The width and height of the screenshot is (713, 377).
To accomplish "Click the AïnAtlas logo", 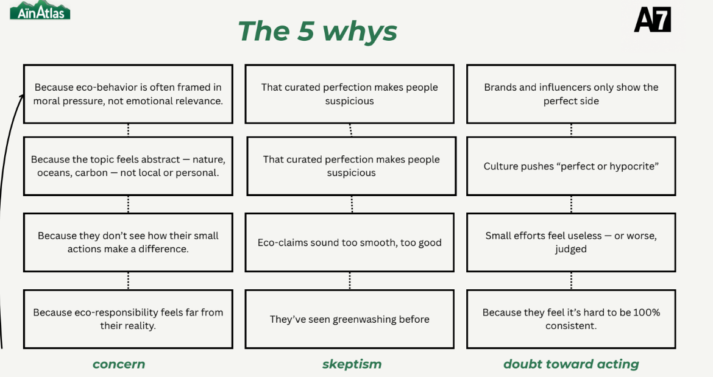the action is coord(40,10).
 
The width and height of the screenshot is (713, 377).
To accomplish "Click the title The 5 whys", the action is coord(317,31).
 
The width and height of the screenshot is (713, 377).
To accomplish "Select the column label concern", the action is coord(119,364).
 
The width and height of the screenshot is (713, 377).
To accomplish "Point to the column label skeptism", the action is coord(352,364).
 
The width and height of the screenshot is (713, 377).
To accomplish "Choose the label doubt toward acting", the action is coord(571,364).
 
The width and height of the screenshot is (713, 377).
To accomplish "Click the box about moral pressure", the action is coord(128,94).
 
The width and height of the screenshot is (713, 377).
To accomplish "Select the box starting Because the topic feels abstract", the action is coord(128,166).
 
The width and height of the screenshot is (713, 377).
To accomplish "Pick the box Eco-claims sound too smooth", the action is coord(350,242).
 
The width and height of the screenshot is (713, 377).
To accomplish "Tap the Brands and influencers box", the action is coord(571,94).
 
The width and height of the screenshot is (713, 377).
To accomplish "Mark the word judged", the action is coord(570,249).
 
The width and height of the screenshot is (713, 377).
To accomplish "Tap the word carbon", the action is coord(90,173).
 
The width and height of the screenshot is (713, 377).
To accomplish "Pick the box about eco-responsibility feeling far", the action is coord(128,319).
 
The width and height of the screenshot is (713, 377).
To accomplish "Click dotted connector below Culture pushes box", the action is coord(571,205).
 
